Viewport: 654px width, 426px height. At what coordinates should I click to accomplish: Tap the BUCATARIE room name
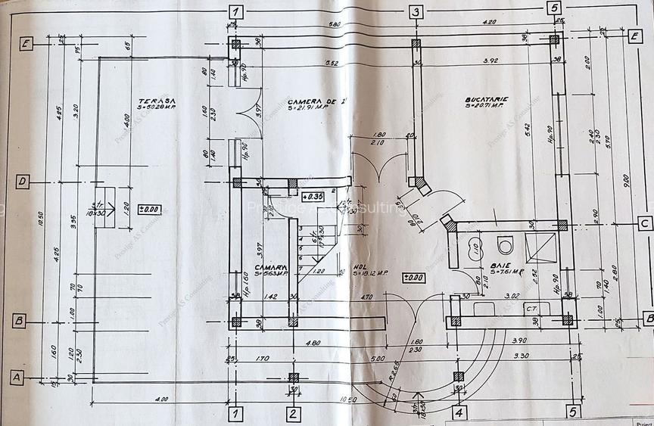point(487,99)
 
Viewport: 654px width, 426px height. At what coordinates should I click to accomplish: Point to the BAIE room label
point(499,266)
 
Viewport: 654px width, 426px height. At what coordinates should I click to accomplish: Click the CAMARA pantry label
point(270,266)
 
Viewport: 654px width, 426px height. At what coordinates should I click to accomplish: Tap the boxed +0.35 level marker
point(313,195)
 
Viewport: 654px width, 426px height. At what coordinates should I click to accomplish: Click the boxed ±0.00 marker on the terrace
point(149,209)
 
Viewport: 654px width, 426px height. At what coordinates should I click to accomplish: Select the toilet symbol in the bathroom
point(506,245)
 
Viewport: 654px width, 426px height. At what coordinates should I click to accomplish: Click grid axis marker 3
point(416,11)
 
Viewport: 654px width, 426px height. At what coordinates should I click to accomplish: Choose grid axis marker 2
point(293,413)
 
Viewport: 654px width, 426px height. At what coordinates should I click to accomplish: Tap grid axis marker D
point(23,182)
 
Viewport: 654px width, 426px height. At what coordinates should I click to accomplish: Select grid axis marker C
point(644,224)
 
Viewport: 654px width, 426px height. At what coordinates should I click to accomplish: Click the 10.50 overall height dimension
point(40,219)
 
